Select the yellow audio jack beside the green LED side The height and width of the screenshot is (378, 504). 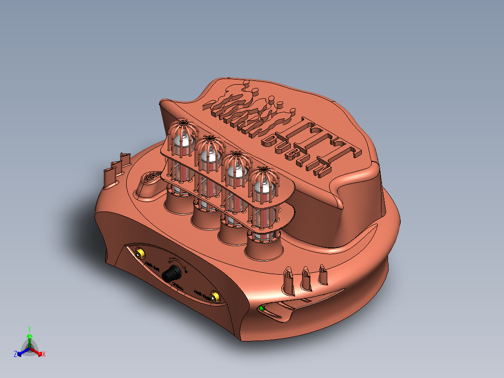pos(215,297)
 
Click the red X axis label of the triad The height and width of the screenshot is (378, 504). pos(44,355)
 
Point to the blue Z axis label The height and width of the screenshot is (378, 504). pos(15,355)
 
